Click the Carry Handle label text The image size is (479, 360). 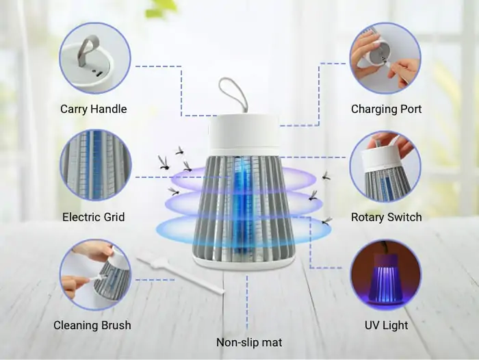pyautogui.click(x=94, y=109)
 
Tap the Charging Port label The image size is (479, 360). pyautogui.click(x=386, y=109)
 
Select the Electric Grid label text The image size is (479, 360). pyautogui.click(x=94, y=217)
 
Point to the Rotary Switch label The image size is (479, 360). pyautogui.click(x=386, y=217)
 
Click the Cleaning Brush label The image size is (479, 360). pyautogui.click(x=92, y=325)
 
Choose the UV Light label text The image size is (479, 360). pyautogui.click(x=386, y=325)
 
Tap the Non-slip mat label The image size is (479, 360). pyautogui.click(x=249, y=342)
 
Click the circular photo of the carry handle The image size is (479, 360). pyautogui.click(x=95, y=58)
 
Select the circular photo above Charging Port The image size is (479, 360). pyautogui.click(x=385, y=58)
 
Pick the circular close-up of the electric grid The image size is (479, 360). pyautogui.click(x=96, y=166)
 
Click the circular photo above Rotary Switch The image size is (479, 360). pyautogui.click(x=385, y=166)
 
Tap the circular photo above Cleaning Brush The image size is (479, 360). pyautogui.click(x=96, y=274)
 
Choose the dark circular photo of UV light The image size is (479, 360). pyautogui.click(x=385, y=274)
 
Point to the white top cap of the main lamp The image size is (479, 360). pyautogui.click(x=244, y=134)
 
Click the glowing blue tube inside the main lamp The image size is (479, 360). pyautogui.click(x=243, y=208)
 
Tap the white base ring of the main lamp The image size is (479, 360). pyautogui.click(x=244, y=263)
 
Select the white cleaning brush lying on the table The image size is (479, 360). pyautogui.click(x=180, y=276)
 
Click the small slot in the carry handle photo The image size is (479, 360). pyautogui.click(x=99, y=73)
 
